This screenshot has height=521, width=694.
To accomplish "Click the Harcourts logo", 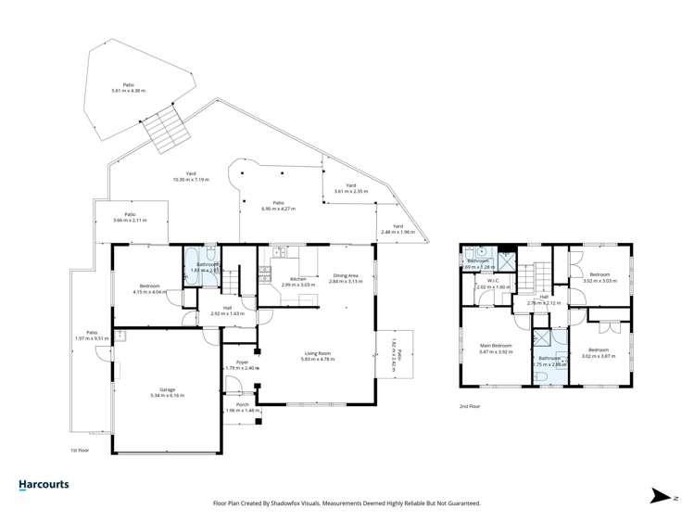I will click(44, 485).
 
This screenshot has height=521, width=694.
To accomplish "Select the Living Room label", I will click(319, 352).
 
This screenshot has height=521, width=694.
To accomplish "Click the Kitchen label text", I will click(298, 279).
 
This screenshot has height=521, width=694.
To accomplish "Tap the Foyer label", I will click(241, 363).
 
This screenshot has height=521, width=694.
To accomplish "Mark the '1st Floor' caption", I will click(81, 450).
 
